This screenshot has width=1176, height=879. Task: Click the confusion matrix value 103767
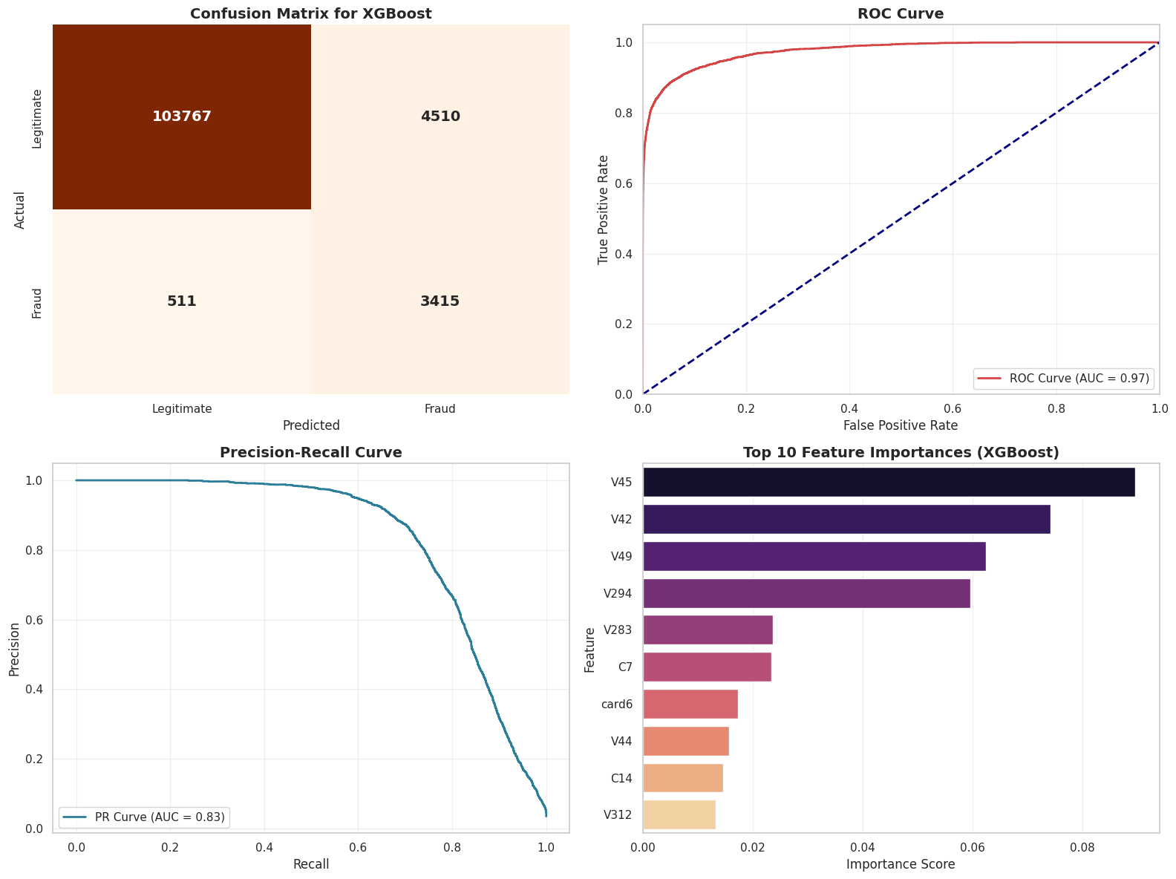[182, 117]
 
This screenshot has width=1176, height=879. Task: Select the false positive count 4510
[440, 117]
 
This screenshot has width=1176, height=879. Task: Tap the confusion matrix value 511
[182, 301]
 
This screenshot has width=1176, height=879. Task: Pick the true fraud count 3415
[440, 301]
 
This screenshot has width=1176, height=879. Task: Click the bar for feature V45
[889, 482]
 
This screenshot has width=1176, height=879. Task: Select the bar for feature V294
[806, 593]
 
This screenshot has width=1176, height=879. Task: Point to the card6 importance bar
[690, 704]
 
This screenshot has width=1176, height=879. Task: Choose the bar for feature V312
[679, 814]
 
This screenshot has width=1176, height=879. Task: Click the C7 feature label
[625, 667]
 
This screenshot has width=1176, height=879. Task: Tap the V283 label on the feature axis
[618, 630]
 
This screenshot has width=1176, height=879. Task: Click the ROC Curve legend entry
[1063, 379]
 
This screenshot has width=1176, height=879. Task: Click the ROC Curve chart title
[901, 13]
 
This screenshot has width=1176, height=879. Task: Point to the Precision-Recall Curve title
[310, 453]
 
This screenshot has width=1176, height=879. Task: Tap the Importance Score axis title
[901, 864]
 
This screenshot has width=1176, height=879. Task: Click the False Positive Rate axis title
[901, 425]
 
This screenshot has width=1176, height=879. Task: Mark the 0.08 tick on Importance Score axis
[1082, 846]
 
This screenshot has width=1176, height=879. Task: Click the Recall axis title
[310, 864]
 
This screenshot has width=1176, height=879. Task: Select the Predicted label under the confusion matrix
[311, 425]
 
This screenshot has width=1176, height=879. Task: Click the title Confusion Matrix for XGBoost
[310, 13]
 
